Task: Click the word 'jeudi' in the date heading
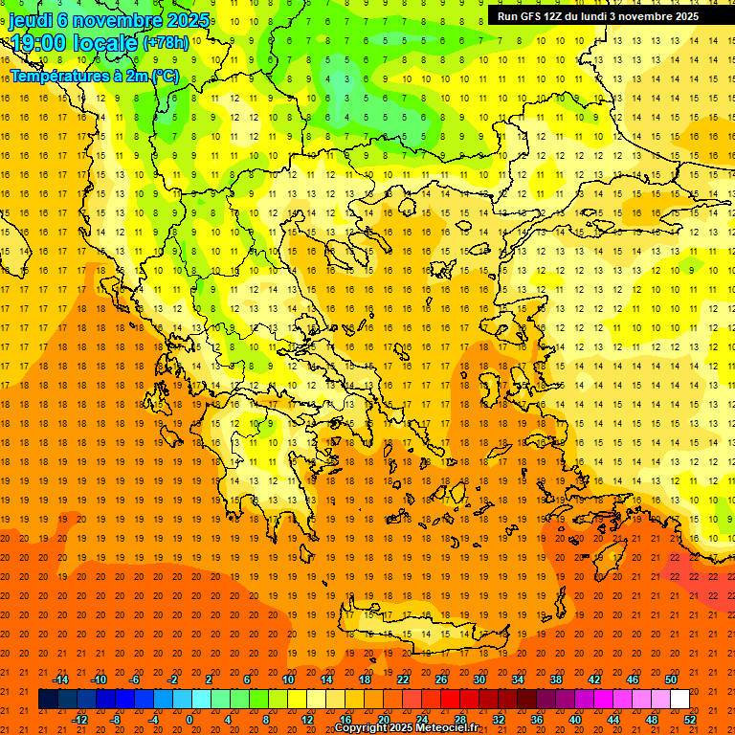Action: pyautogui.click(x=31, y=20)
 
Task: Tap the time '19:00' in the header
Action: pyautogui.click(x=38, y=43)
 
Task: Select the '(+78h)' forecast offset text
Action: pyautogui.click(x=166, y=44)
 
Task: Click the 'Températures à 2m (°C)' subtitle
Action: pyautogui.click(x=94, y=76)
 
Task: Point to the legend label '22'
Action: pyautogui.click(x=403, y=679)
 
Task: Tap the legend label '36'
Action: pyautogui.click(x=537, y=720)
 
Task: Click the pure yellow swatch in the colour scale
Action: pyautogui.click(x=298, y=700)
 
